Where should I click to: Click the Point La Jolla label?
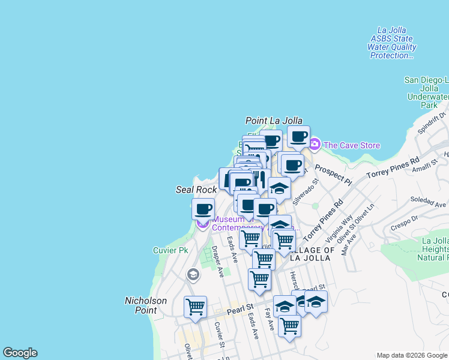(x=274, y=121)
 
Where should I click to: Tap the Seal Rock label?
(x=196, y=190)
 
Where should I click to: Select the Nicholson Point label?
(x=141, y=305)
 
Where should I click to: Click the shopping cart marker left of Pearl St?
(x=195, y=307)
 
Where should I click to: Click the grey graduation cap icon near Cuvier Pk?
(x=193, y=275)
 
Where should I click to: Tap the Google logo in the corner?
(x=20, y=353)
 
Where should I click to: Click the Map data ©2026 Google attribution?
(x=411, y=355)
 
